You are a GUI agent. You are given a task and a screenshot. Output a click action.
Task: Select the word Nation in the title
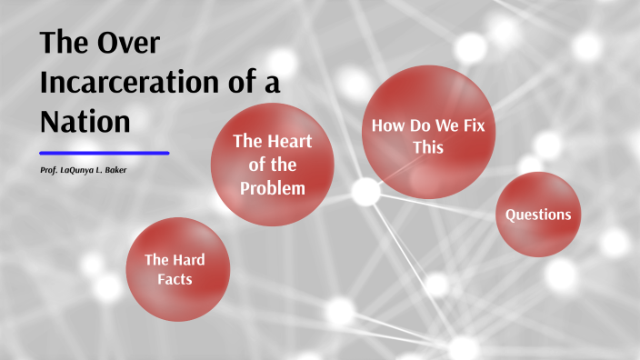[86, 121]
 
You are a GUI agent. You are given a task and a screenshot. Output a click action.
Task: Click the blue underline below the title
[105, 153]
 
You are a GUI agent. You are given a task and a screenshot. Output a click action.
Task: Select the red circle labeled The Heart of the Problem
[272, 164]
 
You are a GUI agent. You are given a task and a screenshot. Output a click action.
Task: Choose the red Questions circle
[538, 215]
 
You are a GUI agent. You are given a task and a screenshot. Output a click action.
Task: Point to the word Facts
[175, 279]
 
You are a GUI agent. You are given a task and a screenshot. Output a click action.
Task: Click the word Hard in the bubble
[186, 259]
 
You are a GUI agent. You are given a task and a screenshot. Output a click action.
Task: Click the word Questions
[538, 215]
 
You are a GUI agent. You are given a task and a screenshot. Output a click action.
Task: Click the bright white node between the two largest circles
[365, 191]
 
